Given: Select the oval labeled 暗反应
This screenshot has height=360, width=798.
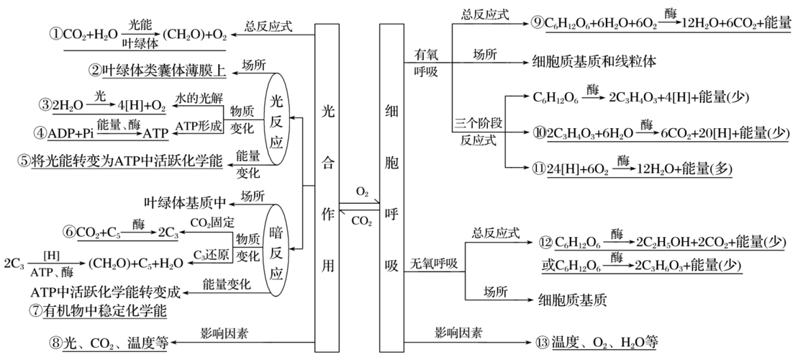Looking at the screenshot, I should (x=276, y=249).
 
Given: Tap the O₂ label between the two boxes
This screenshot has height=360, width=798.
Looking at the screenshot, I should (x=362, y=192).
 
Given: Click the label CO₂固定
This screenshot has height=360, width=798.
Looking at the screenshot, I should (x=212, y=222).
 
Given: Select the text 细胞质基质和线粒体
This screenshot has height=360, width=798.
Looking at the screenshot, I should (x=594, y=61).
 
